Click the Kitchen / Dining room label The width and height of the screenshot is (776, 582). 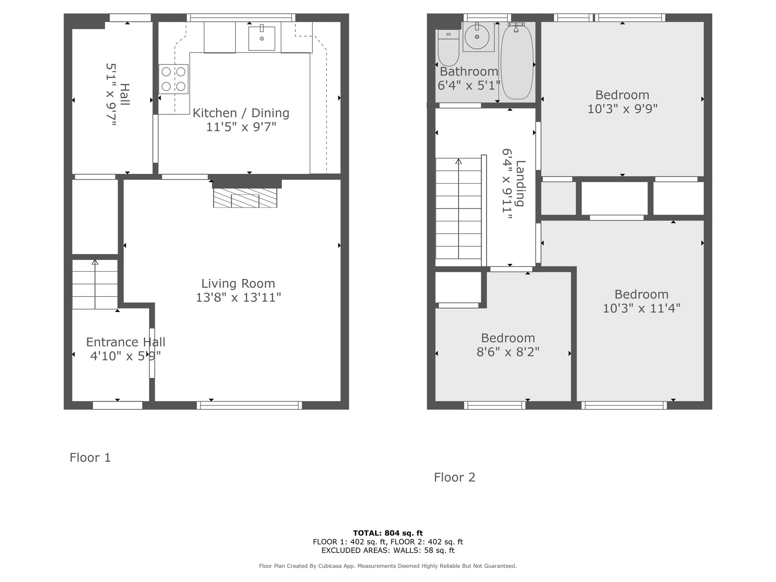click(241, 113)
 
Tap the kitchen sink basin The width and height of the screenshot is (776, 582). click(262, 38)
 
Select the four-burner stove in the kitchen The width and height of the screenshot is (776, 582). click(173, 79)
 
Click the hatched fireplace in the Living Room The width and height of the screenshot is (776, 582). click(245, 198)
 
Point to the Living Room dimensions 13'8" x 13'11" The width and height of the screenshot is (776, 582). click(238, 298)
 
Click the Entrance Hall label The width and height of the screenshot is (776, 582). click(126, 342)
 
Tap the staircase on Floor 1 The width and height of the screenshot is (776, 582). click(95, 284)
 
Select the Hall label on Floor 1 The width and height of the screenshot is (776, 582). click(125, 94)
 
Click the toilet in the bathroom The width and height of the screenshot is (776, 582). click(449, 48)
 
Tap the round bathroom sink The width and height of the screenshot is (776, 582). click(477, 36)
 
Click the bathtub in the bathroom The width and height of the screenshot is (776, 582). click(517, 62)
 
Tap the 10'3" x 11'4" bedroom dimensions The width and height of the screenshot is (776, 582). click(641, 308)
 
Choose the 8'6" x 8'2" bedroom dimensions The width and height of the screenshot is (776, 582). click(508, 352)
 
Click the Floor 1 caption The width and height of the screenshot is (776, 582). click(90, 457)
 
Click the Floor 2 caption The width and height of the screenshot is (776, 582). click(454, 477)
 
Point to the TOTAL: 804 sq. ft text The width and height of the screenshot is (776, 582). click(388, 533)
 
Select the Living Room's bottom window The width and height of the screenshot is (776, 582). click(249, 405)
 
